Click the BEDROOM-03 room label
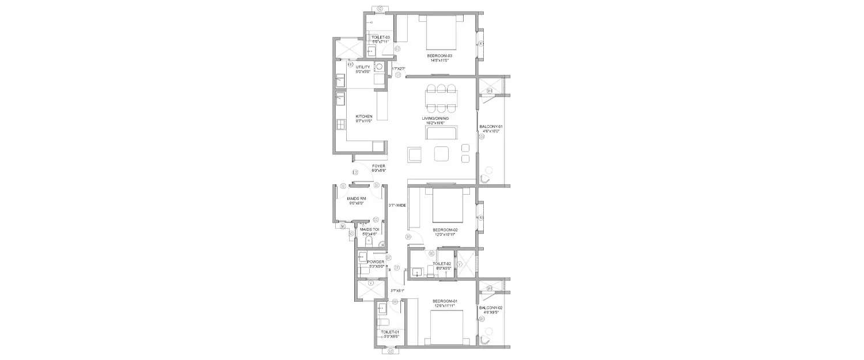point(439,56)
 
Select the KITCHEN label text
point(363,117)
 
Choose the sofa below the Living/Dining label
point(441,133)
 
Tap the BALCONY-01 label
point(491,127)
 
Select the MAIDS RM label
point(357,198)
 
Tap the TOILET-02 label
point(441,263)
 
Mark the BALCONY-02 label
point(491,308)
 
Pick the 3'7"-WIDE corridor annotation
point(397,205)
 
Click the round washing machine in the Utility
point(379,67)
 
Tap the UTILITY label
point(363,67)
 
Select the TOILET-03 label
point(380,37)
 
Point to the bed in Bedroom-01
point(446,326)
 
